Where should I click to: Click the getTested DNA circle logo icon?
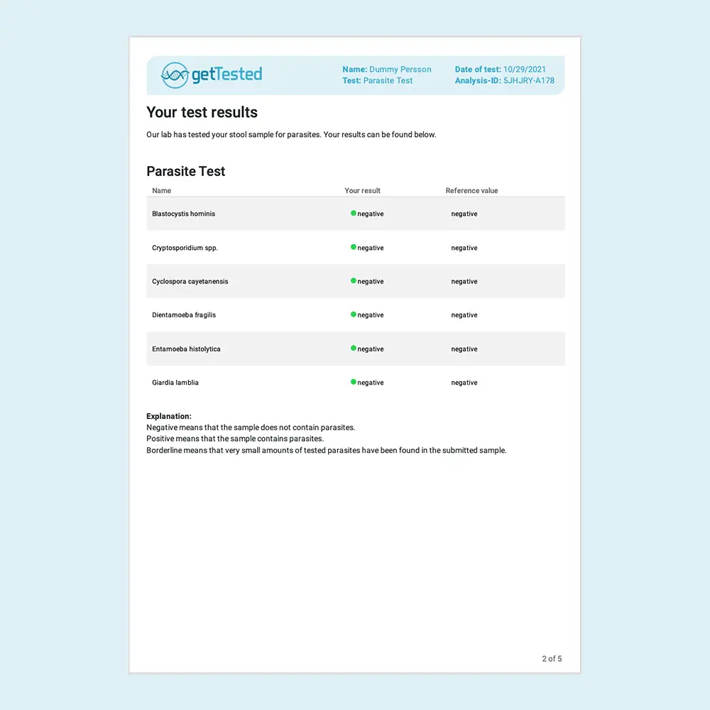pyautogui.click(x=175, y=75)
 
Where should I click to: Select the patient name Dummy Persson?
pyautogui.click(x=400, y=70)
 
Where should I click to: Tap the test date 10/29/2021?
pyautogui.click(x=525, y=70)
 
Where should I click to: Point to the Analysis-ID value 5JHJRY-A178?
pyautogui.click(x=529, y=81)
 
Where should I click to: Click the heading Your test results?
pyautogui.click(x=202, y=112)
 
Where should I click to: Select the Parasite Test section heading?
pyautogui.click(x=185, y=171)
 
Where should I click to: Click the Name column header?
pyautogui.click(x=161, y=190)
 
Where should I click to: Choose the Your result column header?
pyautogui.click(x=362, y=190)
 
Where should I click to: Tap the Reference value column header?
pyautogui.click(x=471, y=190)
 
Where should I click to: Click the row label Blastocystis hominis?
pyautogui.click(x=183, y=214)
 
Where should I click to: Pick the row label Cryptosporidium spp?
pyautogui.click(x=185, y=248)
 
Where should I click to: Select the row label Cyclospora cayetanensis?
pyautogui.click(x=190, y=281)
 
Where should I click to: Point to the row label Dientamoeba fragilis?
pyautogui.click(x=183, y=315)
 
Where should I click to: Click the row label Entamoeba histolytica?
pyautogui.click(x=186, y=349)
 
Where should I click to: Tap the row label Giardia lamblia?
pyautogui.click(x=175, y=383)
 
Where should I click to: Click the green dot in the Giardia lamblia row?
pyautogui.click(x=353, y=382)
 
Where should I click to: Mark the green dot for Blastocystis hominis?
pyautogui.click(x=353, y=213)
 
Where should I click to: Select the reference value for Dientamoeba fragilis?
pyautogui.click(x=464, y=315)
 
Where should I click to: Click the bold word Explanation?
pyautogui.click(x=168, y=416)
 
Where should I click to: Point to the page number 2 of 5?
pyautogui.click(x=552, y=659)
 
